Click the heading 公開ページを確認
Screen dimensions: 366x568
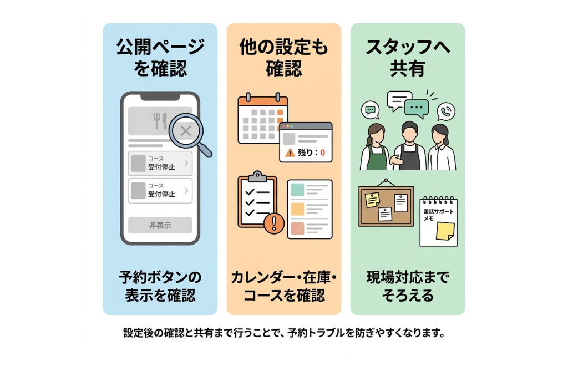click(160, 57)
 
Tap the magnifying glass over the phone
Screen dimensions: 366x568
click(187, 131)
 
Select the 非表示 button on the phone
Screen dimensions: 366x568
click(160, 225)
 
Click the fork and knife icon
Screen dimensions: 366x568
click(160, 120)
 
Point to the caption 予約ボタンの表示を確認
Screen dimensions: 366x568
click(160, 286)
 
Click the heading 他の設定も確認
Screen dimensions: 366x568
click(283, 57)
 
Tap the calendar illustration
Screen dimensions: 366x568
click(261, 119)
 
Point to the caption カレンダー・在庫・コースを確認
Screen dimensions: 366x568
click(283, 286)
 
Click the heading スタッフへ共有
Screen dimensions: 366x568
click(408, 57)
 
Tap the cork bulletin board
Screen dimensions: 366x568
click(386, 205)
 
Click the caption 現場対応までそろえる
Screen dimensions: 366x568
click(408, 286)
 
